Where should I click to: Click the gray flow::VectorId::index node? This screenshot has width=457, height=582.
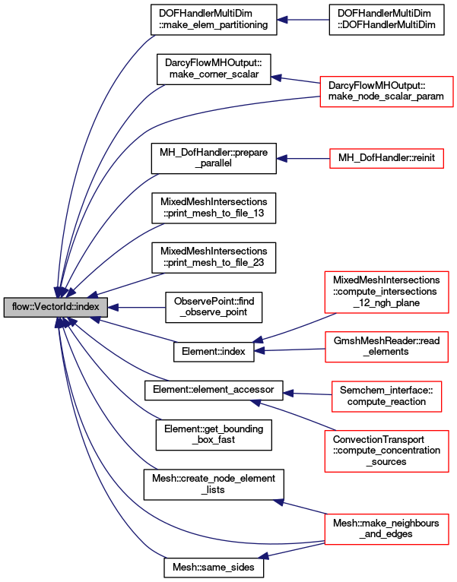pos(56,308)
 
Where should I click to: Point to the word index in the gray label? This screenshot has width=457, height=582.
pos(87,308)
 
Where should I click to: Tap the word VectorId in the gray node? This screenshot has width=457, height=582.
pos(53,308)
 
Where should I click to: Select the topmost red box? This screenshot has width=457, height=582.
pos(386,91)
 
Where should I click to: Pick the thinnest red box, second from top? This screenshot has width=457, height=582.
pos(386,158)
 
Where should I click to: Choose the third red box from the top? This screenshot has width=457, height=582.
pos(386,292)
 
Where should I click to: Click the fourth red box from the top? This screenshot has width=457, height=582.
pos(386,346)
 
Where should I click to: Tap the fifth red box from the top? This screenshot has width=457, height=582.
pos(386,397)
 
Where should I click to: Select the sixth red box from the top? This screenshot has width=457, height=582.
pos(386,451)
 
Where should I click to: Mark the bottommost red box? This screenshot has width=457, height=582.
pos(386,529)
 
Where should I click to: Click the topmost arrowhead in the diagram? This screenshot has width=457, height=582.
pos(282,20)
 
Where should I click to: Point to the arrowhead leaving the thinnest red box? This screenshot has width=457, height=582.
pos(281,159)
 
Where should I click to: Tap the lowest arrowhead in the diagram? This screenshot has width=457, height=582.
pos(263,557)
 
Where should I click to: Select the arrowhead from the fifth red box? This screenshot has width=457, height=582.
pos(288,393)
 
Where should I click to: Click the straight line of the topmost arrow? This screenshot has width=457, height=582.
pos(308,20)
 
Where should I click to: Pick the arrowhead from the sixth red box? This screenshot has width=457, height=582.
pos(255,402)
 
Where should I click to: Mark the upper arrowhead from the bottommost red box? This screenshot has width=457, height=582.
pos(278,501)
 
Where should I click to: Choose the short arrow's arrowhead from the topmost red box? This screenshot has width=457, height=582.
pos(276,77)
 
